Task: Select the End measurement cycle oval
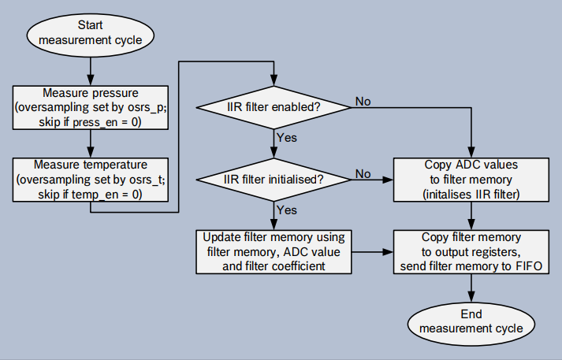pyautogui.click(x=471, y=321)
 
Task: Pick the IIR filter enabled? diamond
pyautogui.click(x=273, y=106)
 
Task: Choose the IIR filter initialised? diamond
pyautogui.click(x=273, y=180)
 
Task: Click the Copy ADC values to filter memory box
pyautogui.click(x=471, y=180)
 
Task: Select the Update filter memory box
pyautogui.click(x=273, y=252)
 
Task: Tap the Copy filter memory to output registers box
pyautogui.click(x=471, y=252)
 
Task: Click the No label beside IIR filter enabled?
pyautogui.click(x=363, y=101)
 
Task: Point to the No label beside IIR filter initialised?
pyautogui.click(x=363, y=173)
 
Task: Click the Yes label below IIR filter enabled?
pyautogui.click(x=287, y=137)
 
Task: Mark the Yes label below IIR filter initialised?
pyautogui.click(x=287, y=210)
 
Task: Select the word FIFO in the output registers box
pyautogui.click(x=524, y=268)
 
